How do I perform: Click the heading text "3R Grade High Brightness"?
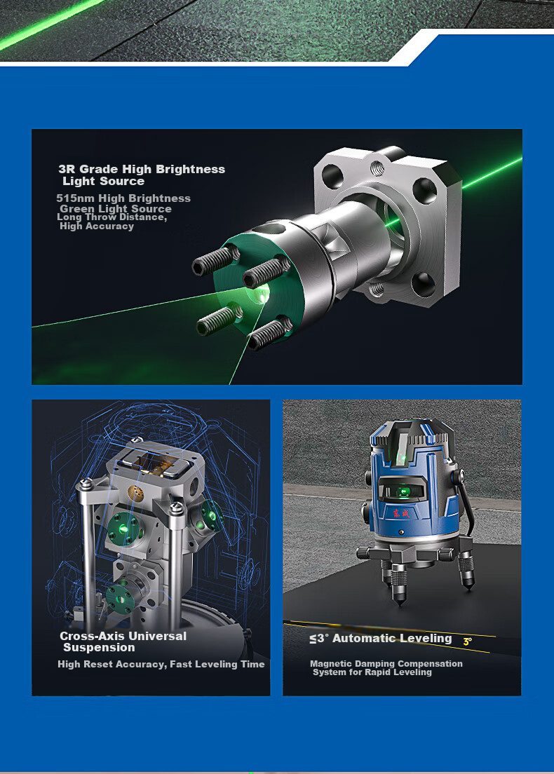[x=142, y=170]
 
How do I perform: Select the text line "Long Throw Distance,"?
[x=112, y=217]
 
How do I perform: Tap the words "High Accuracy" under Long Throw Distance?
[x=97, y=226]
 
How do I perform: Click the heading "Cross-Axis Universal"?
[x=123, y=637]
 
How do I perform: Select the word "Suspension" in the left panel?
[x=100, y=648]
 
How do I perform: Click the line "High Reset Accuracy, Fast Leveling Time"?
[x=161, y=665]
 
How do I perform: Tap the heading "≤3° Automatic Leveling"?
[x=381, y=639]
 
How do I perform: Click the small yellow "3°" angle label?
[x=468, y=641]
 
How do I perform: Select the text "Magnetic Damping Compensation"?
[x=386, y=664]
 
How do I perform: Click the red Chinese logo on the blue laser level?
[x=401, y=513]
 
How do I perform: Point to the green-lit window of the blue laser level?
[x=403, y=491]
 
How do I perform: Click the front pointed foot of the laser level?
[x=399, y=587]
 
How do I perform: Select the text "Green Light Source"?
[x=116, y=209]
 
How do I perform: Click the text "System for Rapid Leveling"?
[x=372, y=672]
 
